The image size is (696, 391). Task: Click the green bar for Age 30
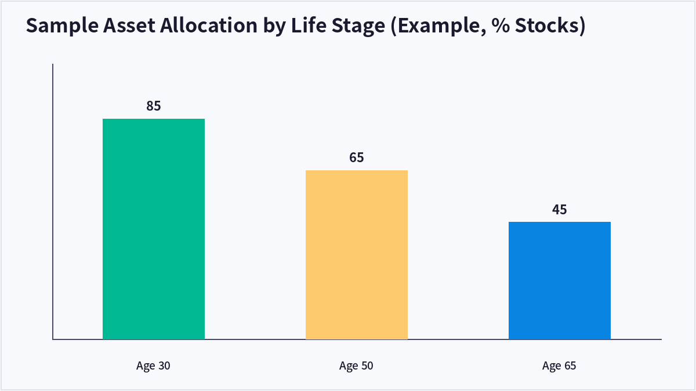point(154,229)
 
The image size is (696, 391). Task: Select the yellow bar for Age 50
point(356,255)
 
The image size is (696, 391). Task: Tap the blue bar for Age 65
point(559,280)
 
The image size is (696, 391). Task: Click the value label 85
point(154,106)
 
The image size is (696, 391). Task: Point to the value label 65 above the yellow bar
point(356,158)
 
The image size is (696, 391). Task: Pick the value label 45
point(559,210)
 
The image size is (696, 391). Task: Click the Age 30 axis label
point(153,366)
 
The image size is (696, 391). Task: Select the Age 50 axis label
point(356,366)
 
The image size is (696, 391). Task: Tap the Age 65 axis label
point(559,366)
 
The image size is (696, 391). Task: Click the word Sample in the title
point(62,25)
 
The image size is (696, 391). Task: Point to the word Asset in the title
point(129,25)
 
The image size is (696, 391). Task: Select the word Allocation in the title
point(208,25)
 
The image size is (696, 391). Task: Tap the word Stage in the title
point(358,26)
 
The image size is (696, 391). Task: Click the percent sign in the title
point(501,25)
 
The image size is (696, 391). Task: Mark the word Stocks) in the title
point(550,25)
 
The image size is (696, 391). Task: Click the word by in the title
point(274,27)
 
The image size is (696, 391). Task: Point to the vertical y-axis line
point(53,202)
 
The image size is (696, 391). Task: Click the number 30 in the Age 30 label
point(164,366)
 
